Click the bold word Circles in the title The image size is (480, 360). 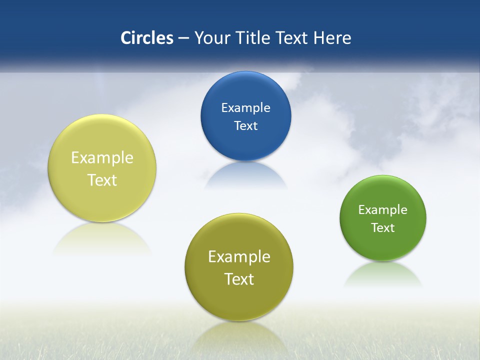coord(146,38)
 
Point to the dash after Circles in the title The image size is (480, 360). coord(183,38)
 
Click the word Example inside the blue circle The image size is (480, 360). coord(245,107)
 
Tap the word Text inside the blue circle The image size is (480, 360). coord(245,125)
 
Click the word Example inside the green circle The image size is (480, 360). coord(383,209)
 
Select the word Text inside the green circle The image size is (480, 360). coord(383,227)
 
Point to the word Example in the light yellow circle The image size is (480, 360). coord(102,157)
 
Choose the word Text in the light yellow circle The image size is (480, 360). coord(102,180)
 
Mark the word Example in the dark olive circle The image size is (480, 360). coord(239,256)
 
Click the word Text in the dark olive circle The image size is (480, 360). coord(239,279)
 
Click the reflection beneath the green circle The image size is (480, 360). coord(383,275)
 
